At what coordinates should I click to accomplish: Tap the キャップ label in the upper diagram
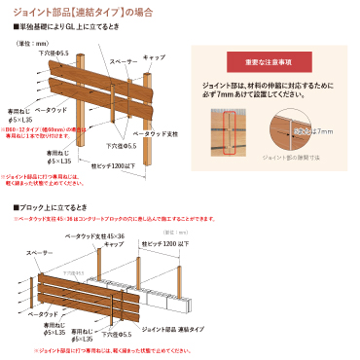tap(156, 56)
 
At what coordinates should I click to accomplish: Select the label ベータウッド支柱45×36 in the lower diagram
tap(92, 237)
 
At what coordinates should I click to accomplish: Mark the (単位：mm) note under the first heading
tap(35, 44)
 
